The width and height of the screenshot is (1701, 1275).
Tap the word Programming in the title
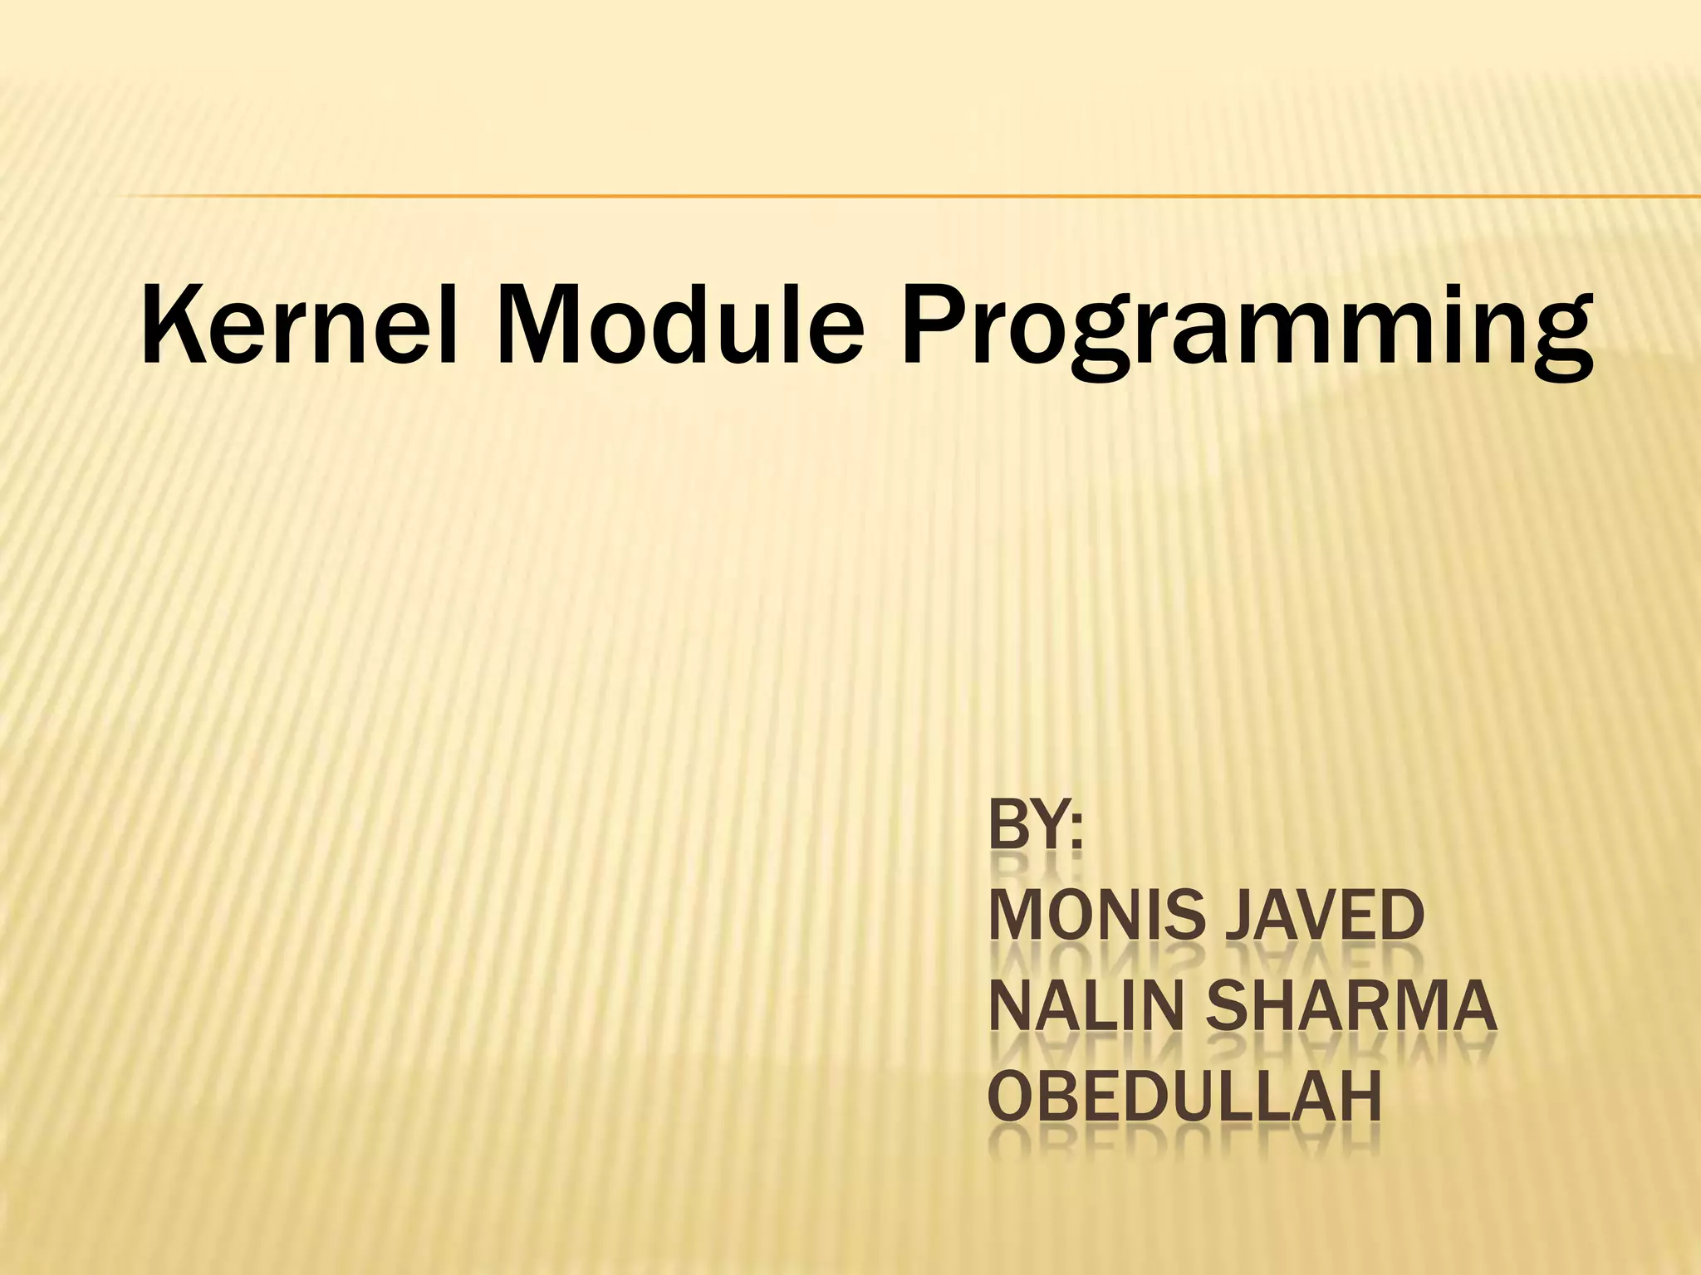(1246, 332)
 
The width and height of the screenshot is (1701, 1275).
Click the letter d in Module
(709, 324)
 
